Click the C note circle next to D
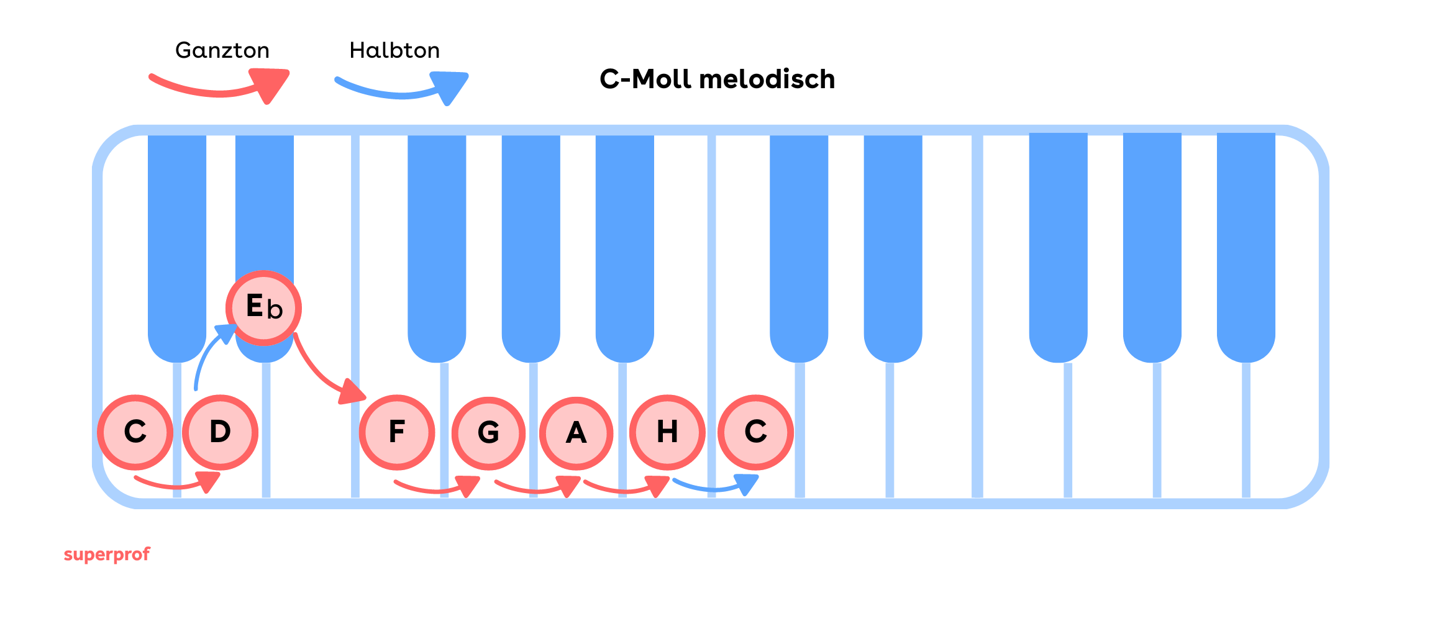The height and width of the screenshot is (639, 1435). [x=135, y=432]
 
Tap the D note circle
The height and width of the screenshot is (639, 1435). [x=220, y=432]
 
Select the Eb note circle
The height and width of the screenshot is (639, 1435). [x=263, y=308]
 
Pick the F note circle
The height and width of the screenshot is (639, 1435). [x=396, y=432]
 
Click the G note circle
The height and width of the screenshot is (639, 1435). [x=488, y=433]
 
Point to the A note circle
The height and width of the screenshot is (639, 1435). [x=576, y=433]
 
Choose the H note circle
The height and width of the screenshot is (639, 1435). [x=667, y=432]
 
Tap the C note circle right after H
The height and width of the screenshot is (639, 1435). [x=755, y=432]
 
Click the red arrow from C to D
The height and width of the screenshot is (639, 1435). [x=177, y=484]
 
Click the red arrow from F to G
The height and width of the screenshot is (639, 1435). [x=437, y=488]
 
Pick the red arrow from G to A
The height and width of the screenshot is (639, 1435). [x=537, y=488]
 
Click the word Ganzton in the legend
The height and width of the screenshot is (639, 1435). [x=222, y=50]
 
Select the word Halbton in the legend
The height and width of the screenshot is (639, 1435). [x=394, y=50]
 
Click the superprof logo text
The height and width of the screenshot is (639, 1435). [x=107, y=554]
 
